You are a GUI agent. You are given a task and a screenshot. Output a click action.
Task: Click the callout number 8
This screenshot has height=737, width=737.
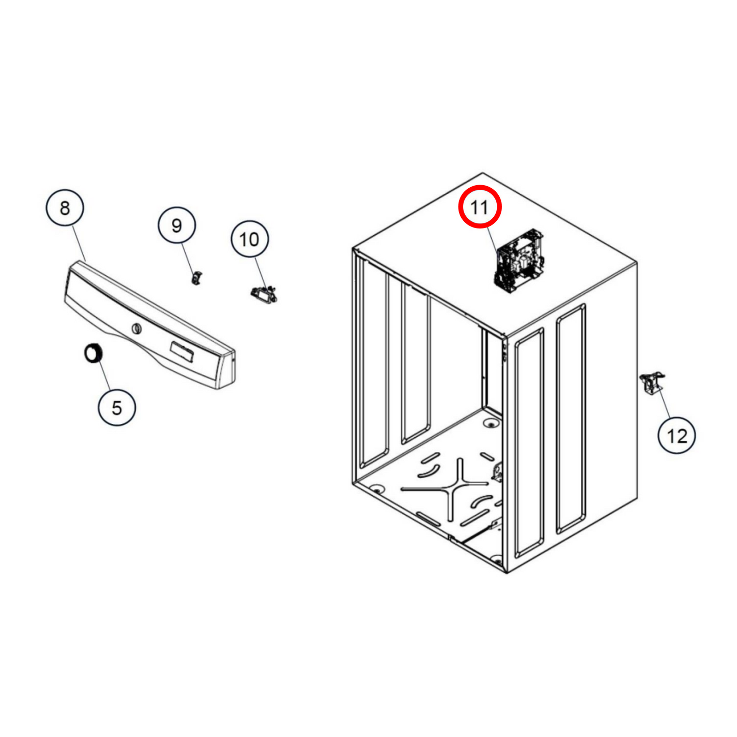click(x=65, y=208)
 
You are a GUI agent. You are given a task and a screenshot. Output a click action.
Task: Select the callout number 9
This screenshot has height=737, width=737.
click(x=176, y=225)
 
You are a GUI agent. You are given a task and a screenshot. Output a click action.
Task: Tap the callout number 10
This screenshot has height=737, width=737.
click(x=249, y=239)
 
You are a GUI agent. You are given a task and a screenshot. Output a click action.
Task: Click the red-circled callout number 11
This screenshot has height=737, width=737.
click(x=479, y=207)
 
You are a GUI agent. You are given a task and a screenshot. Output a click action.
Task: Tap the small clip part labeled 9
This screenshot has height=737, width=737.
click(x=196, y=277)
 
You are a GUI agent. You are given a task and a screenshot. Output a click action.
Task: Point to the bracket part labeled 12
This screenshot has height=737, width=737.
click(x=652, y=385)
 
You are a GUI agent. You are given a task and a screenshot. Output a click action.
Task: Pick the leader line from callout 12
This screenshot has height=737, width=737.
click(x=664, y=403)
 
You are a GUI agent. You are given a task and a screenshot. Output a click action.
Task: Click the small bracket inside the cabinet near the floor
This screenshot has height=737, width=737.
click(x=497, y=474)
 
